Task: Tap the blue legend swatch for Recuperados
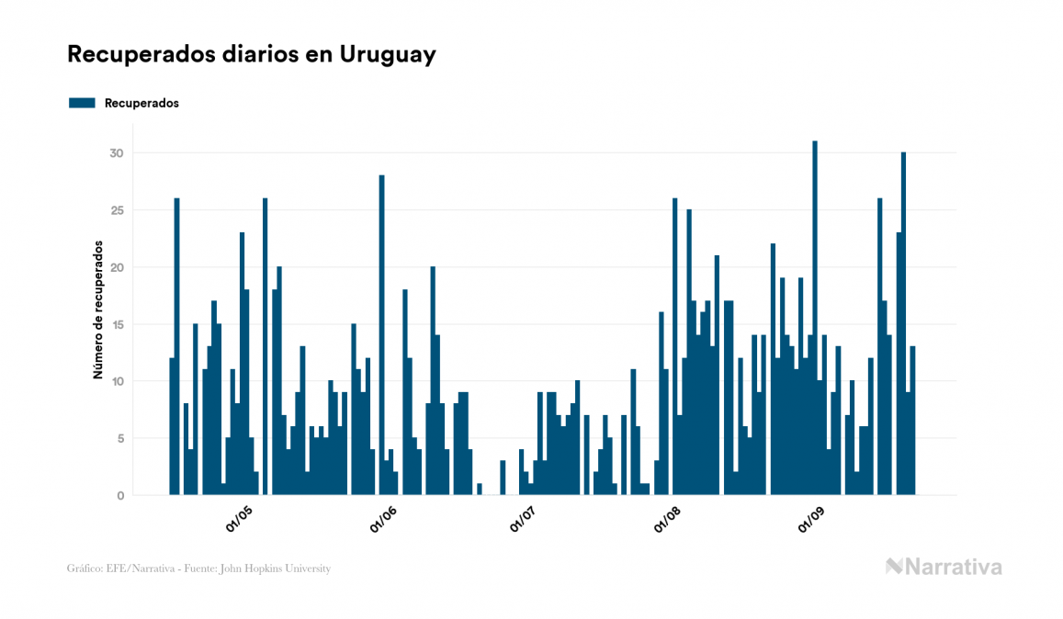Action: point(82,103)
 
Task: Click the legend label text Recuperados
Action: point(141,103)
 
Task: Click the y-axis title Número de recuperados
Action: point(97,310)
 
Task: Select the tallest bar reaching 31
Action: point(815,318)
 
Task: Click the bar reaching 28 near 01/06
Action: point(382,335)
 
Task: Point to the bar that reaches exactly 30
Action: point(903,323)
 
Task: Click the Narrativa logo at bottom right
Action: point(944,567)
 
